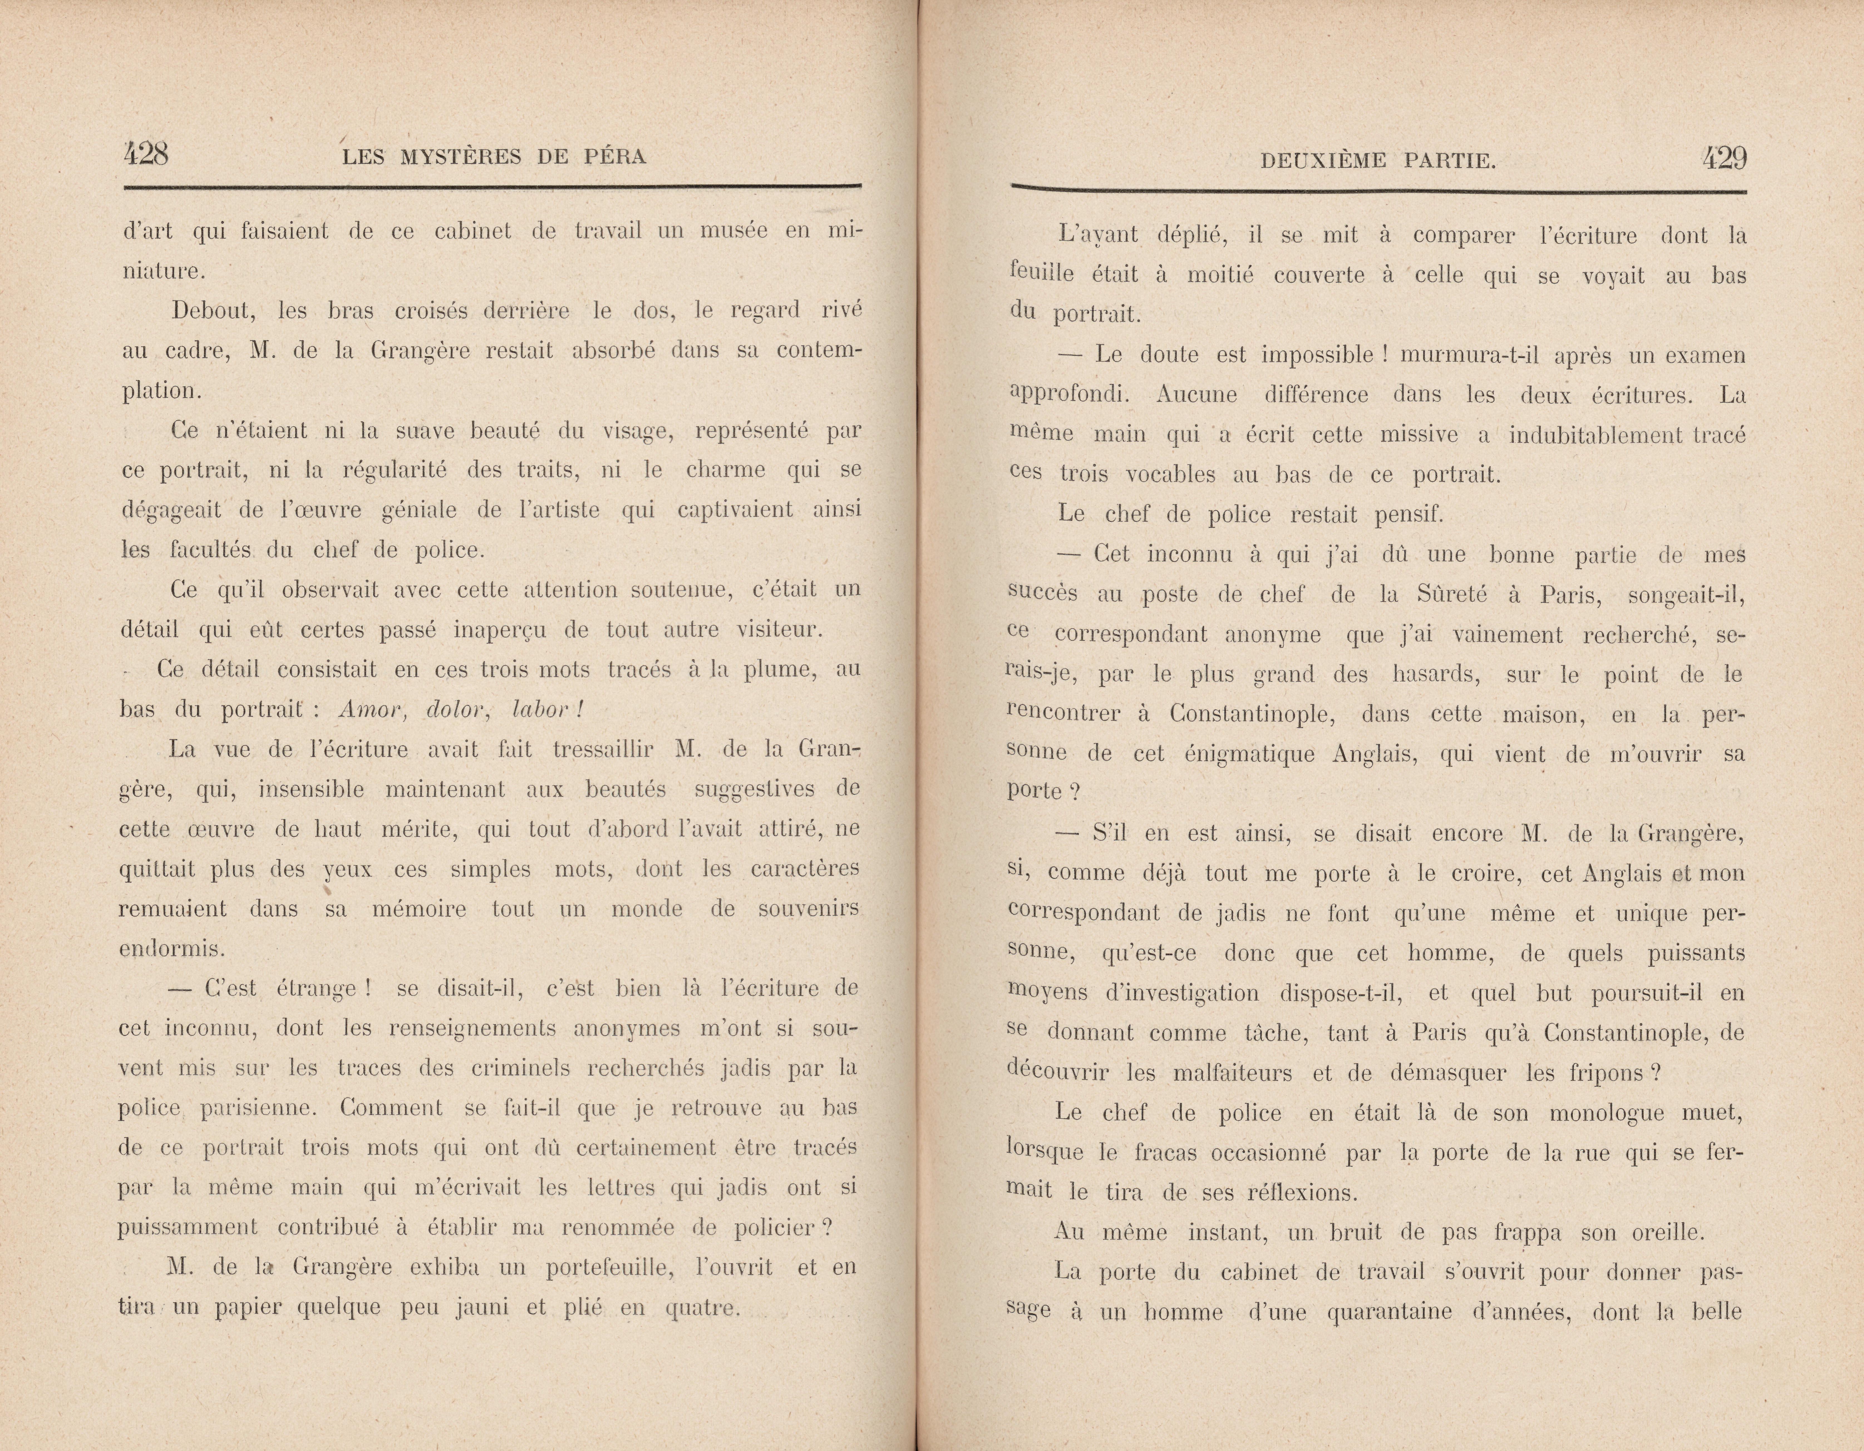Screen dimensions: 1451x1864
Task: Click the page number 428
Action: pos(146,155)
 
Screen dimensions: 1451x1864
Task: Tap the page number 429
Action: pos(1724,159)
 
